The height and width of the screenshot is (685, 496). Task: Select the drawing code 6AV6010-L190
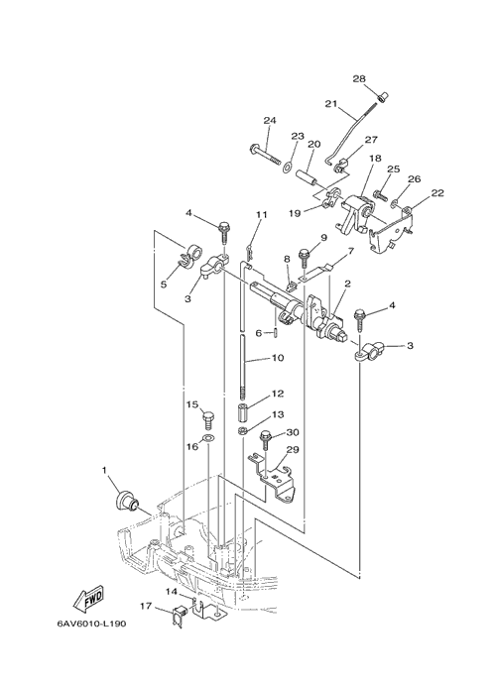click(x=92, y=624)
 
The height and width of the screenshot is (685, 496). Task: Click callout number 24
click(x=270, y=120)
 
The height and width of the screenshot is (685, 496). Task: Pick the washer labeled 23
click(x=289, y=167)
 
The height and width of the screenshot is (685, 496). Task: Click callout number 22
click(x=437, y=192)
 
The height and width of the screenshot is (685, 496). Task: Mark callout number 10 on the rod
click(x=278, y=357)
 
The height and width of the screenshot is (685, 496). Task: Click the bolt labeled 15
click(x=207, y=420)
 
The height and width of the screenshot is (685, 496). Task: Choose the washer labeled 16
click(x=208, y=438)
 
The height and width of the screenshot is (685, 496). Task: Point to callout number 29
click(x=293, y=449)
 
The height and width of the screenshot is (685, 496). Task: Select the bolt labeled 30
click(x=266, y=440)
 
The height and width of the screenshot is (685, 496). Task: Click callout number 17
click(x=146, y=606)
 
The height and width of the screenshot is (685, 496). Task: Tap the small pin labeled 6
click(x=277, y=333)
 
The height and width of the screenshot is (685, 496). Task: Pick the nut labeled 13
click(x=242, y=431)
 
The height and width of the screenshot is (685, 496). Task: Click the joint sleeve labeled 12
click(x=243, y=412)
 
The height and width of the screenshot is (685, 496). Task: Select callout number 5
click(x=164, y=285)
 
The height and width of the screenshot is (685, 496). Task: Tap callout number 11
click(x=261, y=214)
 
